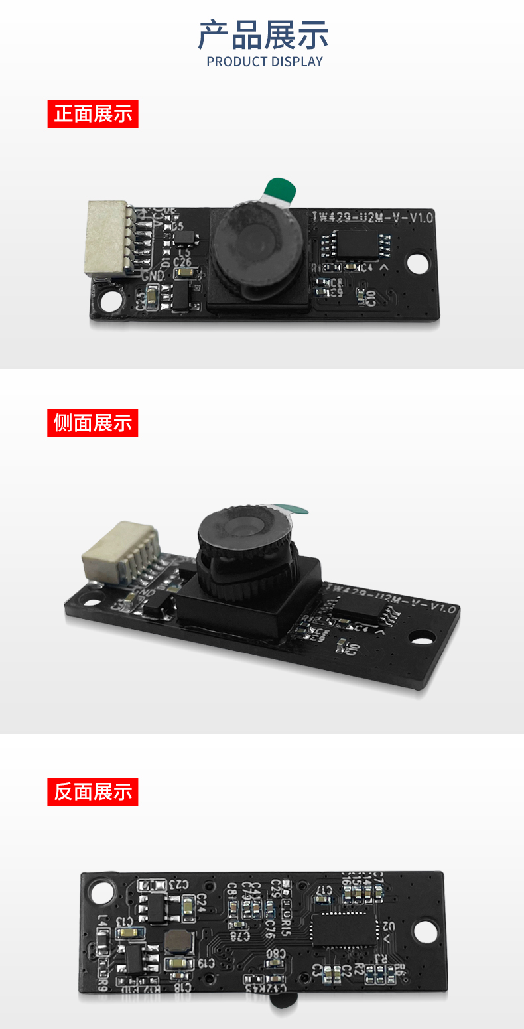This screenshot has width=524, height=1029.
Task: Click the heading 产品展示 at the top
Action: (263, 35)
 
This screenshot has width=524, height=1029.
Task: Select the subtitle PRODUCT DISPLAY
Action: (265, 62)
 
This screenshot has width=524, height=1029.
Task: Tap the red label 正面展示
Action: (93, 113)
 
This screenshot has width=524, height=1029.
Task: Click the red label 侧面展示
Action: (93, 423)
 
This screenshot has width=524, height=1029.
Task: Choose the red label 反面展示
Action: (93, 791)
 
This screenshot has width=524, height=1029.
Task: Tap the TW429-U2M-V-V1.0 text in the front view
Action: (373, 217)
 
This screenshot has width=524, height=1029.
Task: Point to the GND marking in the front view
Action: (153, 275)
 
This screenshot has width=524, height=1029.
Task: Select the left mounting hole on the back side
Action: (103, 892)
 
